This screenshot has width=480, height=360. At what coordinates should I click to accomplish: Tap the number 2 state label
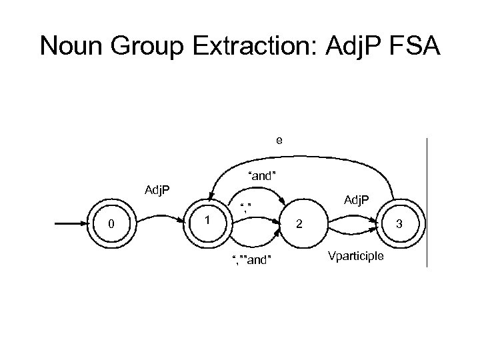pos(299,225)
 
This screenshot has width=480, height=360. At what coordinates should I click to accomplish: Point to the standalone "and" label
pos(262,176)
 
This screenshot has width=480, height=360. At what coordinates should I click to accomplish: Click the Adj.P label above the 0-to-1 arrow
pos(157,191)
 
